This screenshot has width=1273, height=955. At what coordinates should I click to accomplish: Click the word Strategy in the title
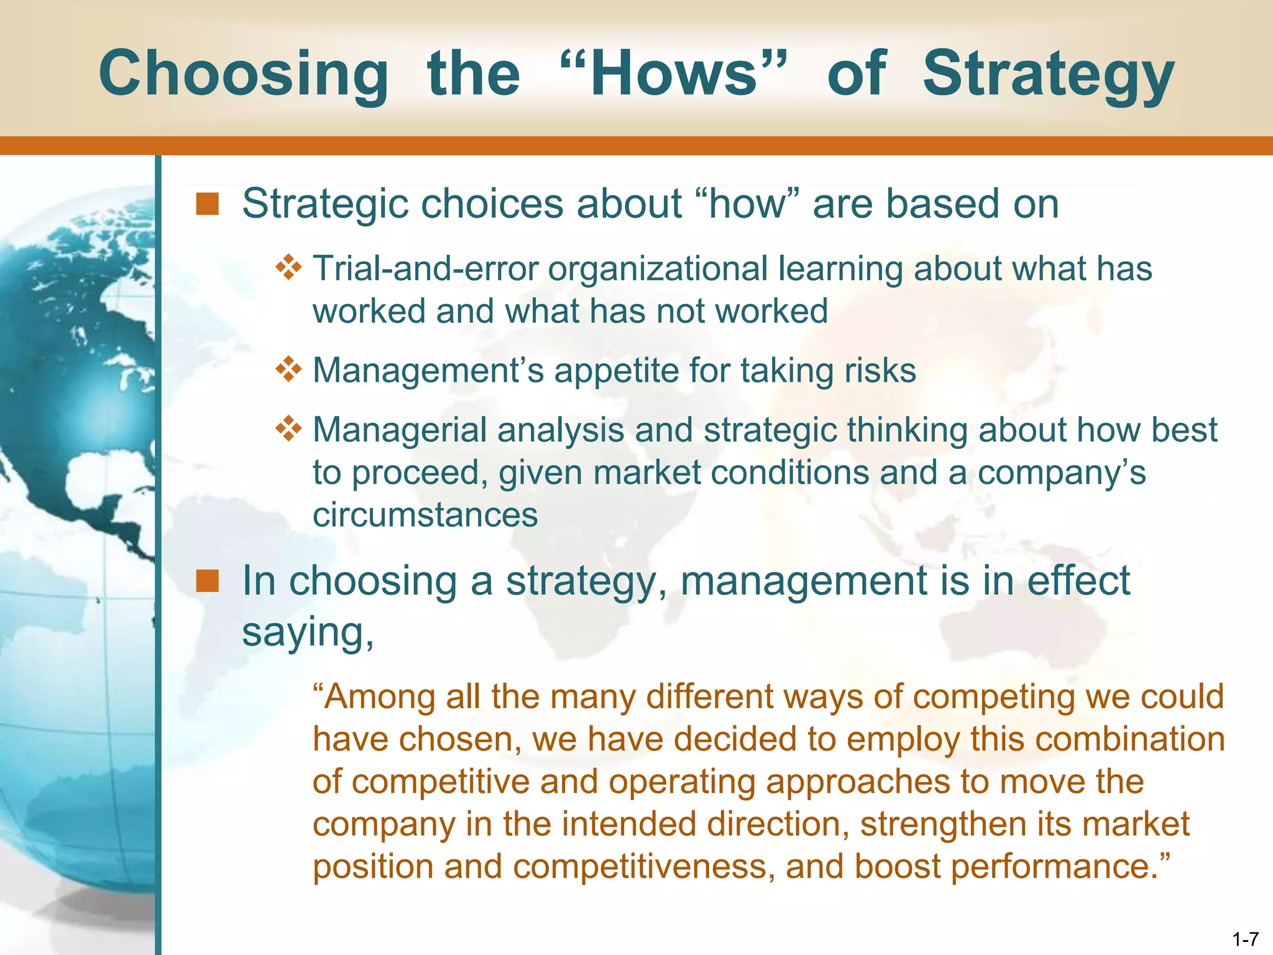(1048, 75)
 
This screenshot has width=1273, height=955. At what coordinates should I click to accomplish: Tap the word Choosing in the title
(244, 75)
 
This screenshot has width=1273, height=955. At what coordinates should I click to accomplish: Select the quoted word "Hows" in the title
(673, 75)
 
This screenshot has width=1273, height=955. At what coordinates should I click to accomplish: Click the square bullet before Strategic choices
(207, 204)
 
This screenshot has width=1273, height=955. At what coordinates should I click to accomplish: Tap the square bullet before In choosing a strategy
(207, 581)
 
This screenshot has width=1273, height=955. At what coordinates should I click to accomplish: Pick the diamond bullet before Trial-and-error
(288, 269)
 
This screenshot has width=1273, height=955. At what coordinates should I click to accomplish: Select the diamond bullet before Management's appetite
(288, 370)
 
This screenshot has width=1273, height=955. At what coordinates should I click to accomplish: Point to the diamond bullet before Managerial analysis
(288, 430)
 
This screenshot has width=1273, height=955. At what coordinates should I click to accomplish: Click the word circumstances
(425, 515)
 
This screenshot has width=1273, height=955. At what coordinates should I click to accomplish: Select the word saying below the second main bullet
(307, 633)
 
